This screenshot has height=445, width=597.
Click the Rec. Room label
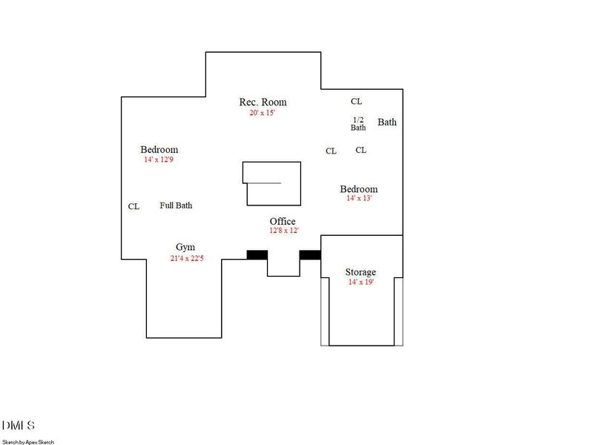tap(263, 102)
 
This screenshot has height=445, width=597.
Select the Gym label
tap(185, 247)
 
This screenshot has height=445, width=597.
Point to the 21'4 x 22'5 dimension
tap(185, 258)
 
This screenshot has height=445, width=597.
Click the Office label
tap(283, 221)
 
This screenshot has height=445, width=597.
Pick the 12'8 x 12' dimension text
tap(283, 231)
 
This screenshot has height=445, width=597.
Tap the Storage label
tap(361, 272)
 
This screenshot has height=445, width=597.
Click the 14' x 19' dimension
tap(361, 282)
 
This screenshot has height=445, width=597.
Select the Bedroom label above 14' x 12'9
tap(159, 150)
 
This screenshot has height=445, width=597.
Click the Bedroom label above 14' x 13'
tap(359, 189)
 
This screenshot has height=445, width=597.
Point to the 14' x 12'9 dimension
tap(159, 159)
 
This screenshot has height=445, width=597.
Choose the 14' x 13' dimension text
tap(359, 199)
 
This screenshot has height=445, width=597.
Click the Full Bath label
tap(176, 205)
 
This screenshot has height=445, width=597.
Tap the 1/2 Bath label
tap(358, 123)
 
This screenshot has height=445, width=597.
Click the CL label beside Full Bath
tap(133, 207)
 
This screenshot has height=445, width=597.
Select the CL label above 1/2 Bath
tap(357, 102)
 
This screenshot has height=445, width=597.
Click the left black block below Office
tap(257, 254)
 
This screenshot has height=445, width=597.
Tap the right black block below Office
tap(310, 254)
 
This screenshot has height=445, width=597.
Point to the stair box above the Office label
tap(272, 183)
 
